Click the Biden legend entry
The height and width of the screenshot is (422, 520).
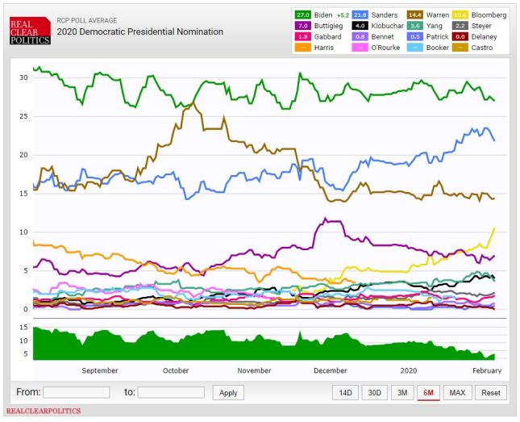click(x=322, y=15)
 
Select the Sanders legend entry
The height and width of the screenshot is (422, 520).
click(x=369, y=15)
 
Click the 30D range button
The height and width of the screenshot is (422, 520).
click(x=374, y=392)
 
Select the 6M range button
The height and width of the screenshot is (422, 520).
click(x=428, y=392)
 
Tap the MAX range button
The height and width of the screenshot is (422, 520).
click(x=456, y=392)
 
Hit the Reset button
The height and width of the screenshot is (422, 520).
click(x=490, y=392)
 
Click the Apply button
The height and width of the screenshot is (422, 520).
click(x=228, y=392)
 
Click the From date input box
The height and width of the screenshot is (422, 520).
click(x=76, y=392)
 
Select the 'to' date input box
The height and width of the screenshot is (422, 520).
click(x=171, y=392)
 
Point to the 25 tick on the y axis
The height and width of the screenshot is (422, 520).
click(x=24, y=116)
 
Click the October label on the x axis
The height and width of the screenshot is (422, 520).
click(x=176, y=370)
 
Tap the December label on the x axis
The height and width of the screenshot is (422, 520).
click(x=331, y=370)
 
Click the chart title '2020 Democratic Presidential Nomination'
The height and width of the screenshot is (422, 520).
click(x=139, y=32)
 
